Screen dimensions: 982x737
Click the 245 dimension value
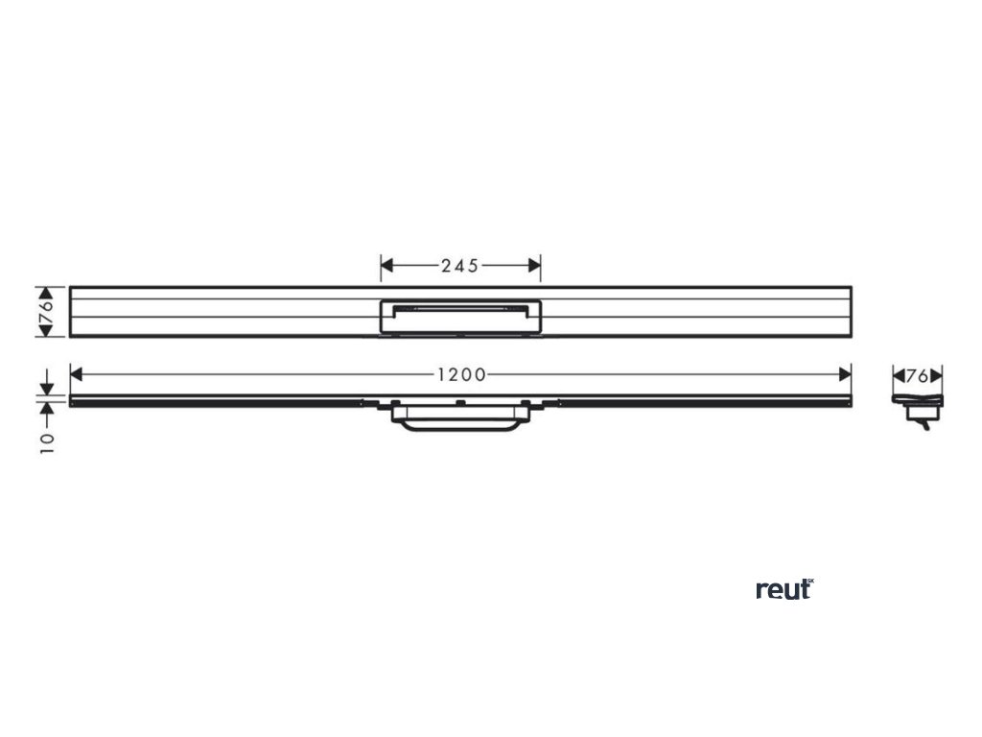point(460,266)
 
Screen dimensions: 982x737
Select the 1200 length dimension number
point(460,373)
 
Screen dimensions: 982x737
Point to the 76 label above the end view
point(918,376)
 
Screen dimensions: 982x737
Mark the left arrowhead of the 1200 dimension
point(77,373)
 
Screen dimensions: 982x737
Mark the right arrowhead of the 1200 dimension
point(845,373)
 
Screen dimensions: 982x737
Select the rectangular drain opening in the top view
point(460,316)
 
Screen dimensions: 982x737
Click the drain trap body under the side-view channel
point(460,419)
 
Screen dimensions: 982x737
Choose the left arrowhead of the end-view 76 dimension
point(899,376)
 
